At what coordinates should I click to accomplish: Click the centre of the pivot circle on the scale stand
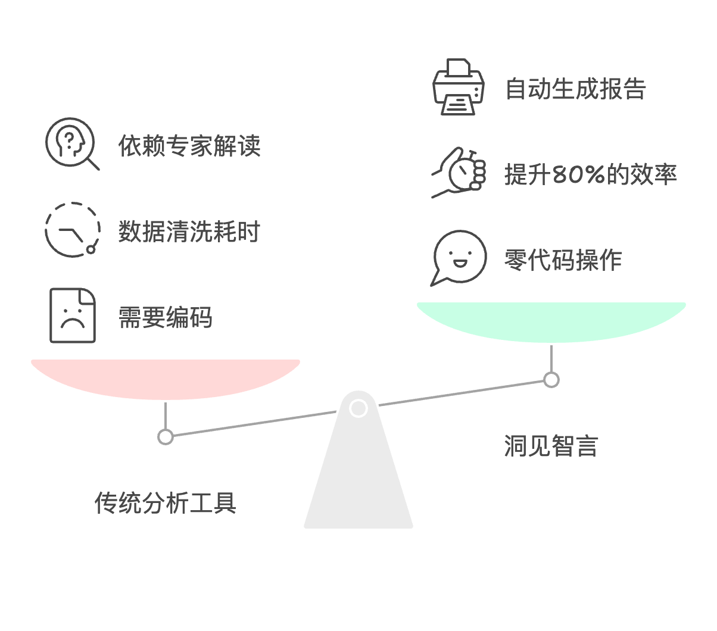point(358,408)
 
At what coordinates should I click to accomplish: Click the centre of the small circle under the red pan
point(166,437)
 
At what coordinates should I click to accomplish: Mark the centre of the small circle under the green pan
point(551,380)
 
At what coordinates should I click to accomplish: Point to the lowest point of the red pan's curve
point(166,399)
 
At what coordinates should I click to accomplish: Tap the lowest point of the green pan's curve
point(551,342)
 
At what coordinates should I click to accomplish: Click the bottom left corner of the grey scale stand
point(304,528)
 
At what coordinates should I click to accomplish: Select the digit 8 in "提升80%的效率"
point(559,174)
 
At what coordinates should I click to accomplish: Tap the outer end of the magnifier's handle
point(99,170)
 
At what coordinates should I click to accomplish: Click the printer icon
point(459,87)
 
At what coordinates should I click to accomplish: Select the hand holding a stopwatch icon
point(459,173)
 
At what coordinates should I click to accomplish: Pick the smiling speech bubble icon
point(459,258)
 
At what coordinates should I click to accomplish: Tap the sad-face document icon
point(73,315)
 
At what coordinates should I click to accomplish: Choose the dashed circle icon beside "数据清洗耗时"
point(73,230)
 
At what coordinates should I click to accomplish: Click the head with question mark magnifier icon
point(73,143)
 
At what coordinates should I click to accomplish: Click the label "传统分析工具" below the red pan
point(166,502)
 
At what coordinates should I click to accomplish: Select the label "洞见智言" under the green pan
point(551,446)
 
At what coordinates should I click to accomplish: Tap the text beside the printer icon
point(576,89)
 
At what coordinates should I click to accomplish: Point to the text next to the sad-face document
point(166,317)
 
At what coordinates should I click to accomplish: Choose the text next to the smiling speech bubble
point(563,260)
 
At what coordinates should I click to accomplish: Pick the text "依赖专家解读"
point(189,145)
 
